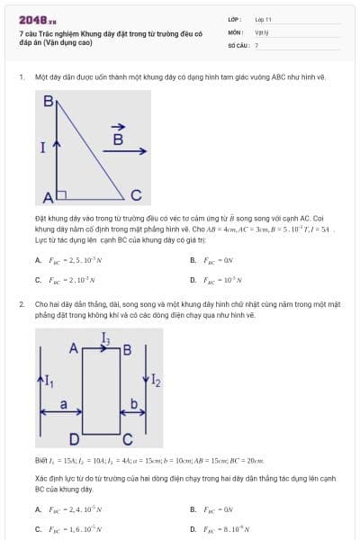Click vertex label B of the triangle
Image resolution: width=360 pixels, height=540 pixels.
[49, 103]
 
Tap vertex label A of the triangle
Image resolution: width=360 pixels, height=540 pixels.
[49, 196]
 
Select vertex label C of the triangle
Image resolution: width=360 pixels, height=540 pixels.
[135, 194]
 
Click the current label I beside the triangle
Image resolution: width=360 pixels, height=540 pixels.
[42, 148]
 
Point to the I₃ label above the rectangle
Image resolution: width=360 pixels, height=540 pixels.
[106, 339]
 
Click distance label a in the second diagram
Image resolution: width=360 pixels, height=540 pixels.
[63, 405]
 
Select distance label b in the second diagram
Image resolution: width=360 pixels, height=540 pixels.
[134, 405]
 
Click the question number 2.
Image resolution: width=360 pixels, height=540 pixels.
[21, 305]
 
